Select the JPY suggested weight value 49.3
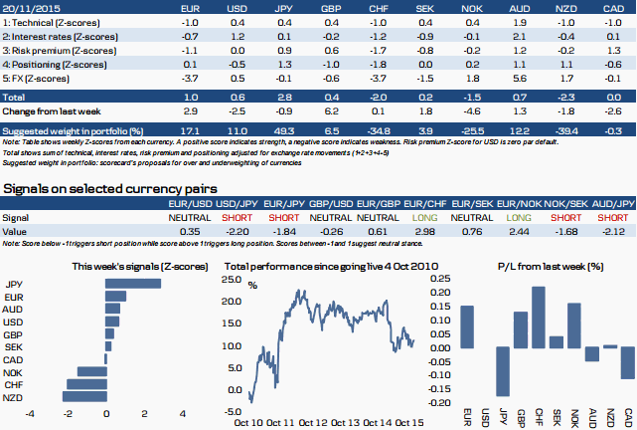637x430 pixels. [x=283, y=130]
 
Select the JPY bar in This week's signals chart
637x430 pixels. [x=129, y=284]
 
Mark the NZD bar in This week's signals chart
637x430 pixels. [x=84, y=396]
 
